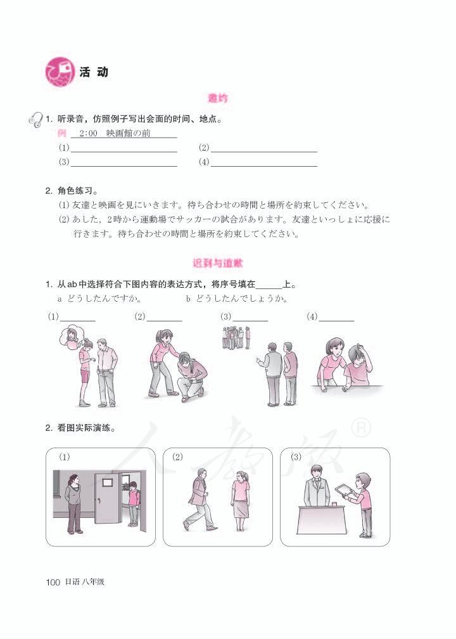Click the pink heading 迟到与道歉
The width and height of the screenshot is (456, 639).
click(218, 262)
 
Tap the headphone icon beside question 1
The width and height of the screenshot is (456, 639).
click(35, 119)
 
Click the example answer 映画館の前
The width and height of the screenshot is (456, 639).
click(129, 134)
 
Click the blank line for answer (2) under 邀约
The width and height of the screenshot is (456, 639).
click(263, 151)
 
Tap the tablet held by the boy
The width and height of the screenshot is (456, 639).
click(343, 490)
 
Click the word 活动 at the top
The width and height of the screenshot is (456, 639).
click(94, 72)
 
